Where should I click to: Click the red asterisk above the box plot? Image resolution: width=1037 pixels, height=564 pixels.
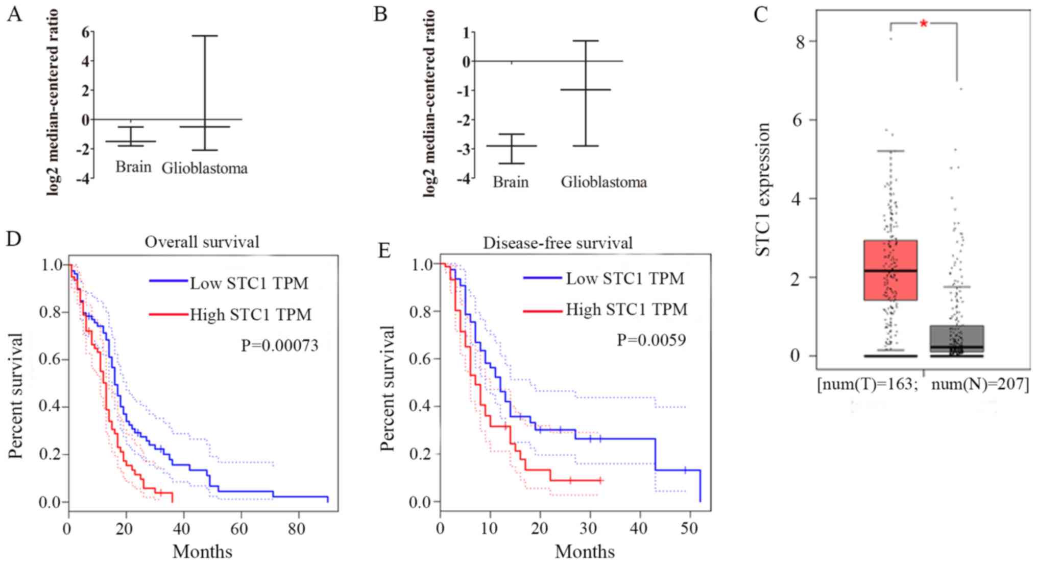pos(923,24)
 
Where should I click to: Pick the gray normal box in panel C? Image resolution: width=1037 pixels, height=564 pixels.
pos(956,339)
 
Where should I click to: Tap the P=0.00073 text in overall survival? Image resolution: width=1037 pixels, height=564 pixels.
pos(279,346)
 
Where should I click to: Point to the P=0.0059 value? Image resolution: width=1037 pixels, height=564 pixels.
pos(651,340)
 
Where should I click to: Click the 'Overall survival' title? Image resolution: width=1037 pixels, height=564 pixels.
pos(202,241)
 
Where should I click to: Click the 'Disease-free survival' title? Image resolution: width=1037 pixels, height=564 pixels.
pos(558,243)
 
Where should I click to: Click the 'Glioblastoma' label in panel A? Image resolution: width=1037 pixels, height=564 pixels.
pos(204,168)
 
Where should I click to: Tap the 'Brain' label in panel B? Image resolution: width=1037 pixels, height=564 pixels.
pos(510,182)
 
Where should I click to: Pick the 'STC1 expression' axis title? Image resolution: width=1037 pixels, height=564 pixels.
pos(762,189)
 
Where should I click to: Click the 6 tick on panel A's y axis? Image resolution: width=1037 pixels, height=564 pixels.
pos(85,32)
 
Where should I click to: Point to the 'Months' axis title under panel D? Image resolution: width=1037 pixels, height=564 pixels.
pos(202,551)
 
